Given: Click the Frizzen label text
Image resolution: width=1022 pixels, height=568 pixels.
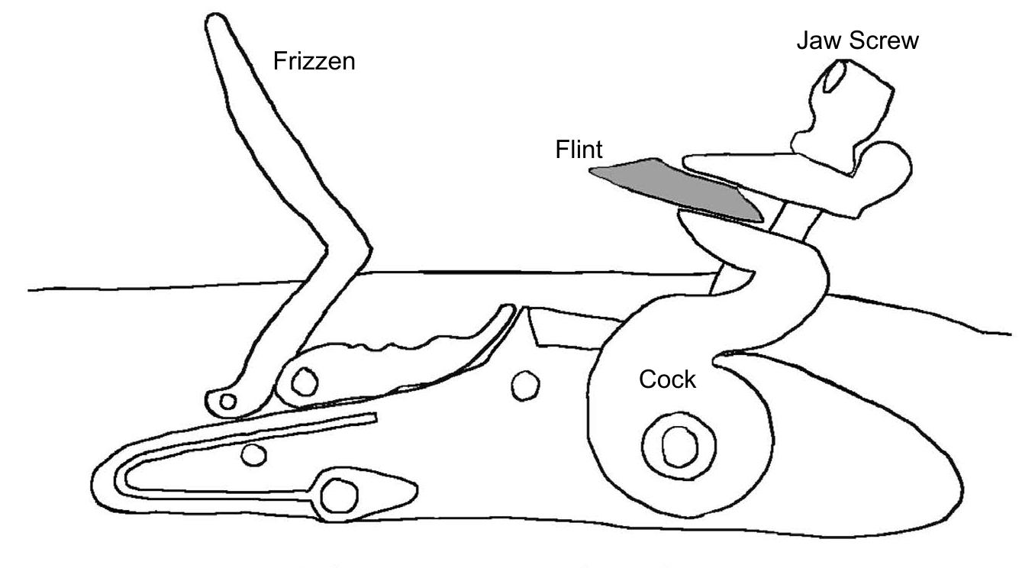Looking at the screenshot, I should (314, 60).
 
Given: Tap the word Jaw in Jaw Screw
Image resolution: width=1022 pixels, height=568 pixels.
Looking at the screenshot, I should (815, 40).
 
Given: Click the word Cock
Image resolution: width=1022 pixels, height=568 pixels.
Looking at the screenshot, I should (668, 379).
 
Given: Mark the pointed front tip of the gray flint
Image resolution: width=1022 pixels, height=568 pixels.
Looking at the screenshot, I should (592, 172).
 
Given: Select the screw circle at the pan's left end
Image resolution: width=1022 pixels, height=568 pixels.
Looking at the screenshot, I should (305, 379).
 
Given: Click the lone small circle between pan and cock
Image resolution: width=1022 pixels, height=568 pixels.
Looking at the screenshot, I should (524, 385).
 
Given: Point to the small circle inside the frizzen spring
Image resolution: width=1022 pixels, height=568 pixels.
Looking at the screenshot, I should (248, 456).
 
